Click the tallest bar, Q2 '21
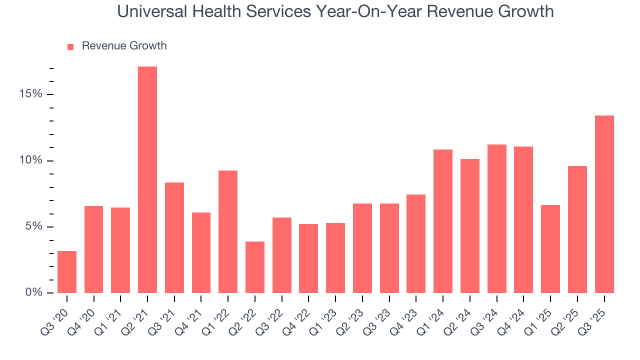(x=147, y=179)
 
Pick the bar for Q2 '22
(x=255, y=267)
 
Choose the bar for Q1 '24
(x=443, y=221)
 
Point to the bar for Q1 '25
(x=550, y=248)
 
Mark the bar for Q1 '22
(x=228, y=231)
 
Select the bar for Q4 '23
(x=416, y=243)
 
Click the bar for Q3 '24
(x=497, y=218)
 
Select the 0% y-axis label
(x=34, y=292)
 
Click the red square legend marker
(x=70, y=46)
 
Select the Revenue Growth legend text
(x=124, y=46)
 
